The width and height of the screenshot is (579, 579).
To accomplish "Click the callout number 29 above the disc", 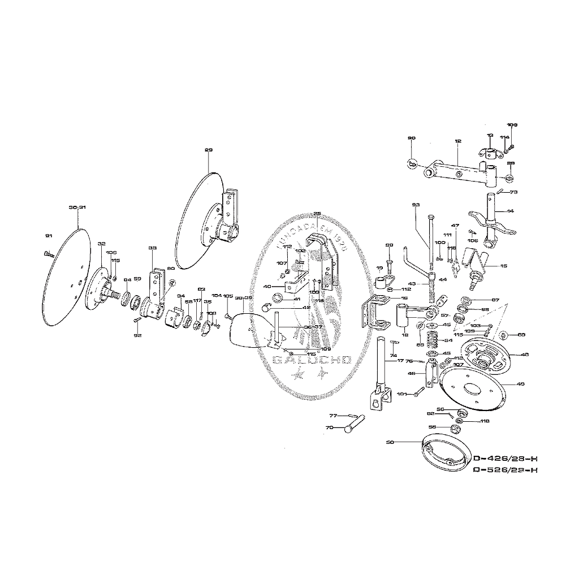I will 209,150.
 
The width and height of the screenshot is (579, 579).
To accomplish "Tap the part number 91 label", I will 48,235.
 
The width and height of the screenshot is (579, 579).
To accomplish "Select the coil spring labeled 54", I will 433,340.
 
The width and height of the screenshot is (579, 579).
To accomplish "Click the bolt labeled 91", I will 47,254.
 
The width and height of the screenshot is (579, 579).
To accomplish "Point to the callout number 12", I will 457,141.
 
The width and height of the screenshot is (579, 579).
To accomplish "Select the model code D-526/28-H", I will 504,470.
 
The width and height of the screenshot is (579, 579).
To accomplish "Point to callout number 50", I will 390,441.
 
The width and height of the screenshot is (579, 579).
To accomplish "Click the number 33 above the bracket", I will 152,248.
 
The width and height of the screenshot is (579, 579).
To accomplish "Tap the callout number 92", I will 137,335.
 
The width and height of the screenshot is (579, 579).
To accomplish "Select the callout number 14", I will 511,211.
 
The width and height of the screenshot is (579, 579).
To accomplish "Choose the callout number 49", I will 520,384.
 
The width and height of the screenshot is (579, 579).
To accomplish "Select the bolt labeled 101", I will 419,392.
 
